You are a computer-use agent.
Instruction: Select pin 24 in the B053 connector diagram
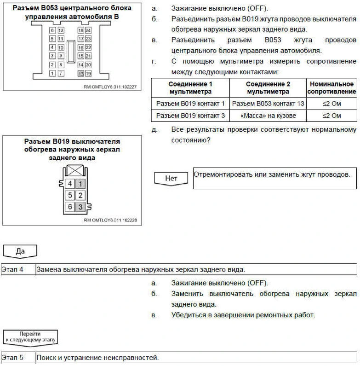pyautogui.click(x=88, y=30)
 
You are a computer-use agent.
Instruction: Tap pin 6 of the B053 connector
pyautogui.click(x=53, y=30)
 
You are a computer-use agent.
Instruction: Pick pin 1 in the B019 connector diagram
pyautogui.click(x=80, y=184)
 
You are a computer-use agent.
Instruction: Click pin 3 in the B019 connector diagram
pyautogui.click(x=80, y=207)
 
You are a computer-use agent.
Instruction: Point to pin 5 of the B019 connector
pyautogui.click(x=70, y=195)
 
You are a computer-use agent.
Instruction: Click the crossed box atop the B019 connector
pyautogui.click(x=75, y=171)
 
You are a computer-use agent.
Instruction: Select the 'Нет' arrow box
pyautogui.click(x=171, y=178)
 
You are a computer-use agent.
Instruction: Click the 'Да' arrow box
pyautogui.click(x=20, y=251)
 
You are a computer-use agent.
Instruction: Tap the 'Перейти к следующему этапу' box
pyautogui.click(x=30, y=336)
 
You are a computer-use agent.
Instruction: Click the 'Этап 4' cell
pyautogui.click(x=17, y=269)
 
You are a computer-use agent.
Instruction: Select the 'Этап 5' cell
pyautogui.click(x=17, y=358)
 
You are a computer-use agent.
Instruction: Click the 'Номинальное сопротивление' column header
pyautogui.click(x=331, y=88)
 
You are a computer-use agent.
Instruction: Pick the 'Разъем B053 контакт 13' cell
pyautogui.click(x=268, y=104)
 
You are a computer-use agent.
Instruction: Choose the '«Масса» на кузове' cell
pyautogui.click(x=268, y=116)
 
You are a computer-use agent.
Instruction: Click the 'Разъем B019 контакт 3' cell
pyautogui.click(x=190, y=116)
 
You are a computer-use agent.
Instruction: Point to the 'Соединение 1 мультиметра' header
pyautogui.click(x=190, y=88)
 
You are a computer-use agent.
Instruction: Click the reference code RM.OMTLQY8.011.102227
pyautogui.click(x=110, y=86)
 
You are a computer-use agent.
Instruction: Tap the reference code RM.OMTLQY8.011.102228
pyautogui.click(x=110, y=220)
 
